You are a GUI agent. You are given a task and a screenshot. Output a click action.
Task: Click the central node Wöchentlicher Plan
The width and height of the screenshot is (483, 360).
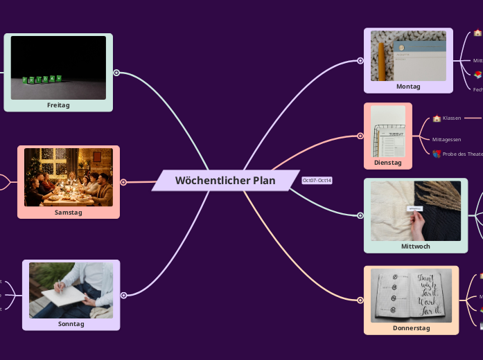225,181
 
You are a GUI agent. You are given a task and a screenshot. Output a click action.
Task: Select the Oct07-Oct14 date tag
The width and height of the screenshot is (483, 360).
317,181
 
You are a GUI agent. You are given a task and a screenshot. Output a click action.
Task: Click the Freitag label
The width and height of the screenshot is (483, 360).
58,105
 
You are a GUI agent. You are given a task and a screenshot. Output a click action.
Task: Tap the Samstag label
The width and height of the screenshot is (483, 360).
69,213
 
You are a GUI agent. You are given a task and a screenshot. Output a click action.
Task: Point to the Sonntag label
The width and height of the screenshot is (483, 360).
71,323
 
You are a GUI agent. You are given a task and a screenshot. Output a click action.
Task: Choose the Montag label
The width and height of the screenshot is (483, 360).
408,87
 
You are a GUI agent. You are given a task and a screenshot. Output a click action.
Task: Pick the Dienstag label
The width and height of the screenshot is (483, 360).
387,163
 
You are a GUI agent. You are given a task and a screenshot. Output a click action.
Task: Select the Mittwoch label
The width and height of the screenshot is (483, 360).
415,246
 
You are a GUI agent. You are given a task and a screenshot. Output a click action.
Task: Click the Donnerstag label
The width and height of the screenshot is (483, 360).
411,328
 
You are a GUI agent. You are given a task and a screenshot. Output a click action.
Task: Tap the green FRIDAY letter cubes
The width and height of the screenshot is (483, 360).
42,80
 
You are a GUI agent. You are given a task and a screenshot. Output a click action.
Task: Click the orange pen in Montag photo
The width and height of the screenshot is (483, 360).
381,60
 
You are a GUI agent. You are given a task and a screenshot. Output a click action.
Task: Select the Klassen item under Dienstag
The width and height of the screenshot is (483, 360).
452,118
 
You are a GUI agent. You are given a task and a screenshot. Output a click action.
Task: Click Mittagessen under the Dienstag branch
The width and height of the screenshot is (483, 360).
447,139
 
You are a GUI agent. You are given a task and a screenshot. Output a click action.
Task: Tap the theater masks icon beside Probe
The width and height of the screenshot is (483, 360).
436,154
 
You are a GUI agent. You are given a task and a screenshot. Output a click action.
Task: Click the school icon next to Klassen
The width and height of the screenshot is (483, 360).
437,118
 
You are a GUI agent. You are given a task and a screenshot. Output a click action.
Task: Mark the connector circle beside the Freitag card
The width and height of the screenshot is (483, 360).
116,72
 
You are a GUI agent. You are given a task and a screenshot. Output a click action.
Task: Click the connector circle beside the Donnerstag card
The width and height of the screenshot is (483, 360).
360,300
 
